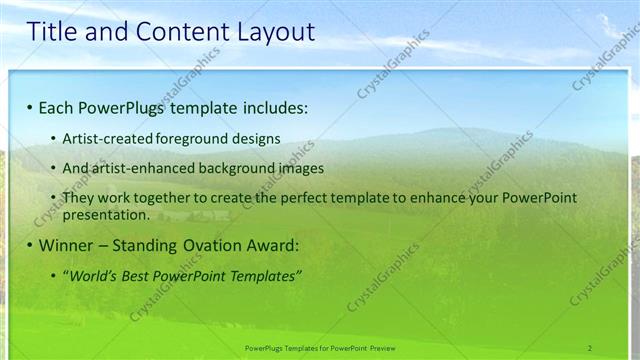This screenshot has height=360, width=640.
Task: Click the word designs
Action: (x=256, y=138)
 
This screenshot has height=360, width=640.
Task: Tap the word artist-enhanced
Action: (x=144, y=168)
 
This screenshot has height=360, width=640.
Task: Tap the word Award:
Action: (x=270, y=245)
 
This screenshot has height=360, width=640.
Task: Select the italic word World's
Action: (x=93, y=275)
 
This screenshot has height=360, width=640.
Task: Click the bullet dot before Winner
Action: (x=30, y=245)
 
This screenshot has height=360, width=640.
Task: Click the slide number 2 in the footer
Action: (x=590, y=347)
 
